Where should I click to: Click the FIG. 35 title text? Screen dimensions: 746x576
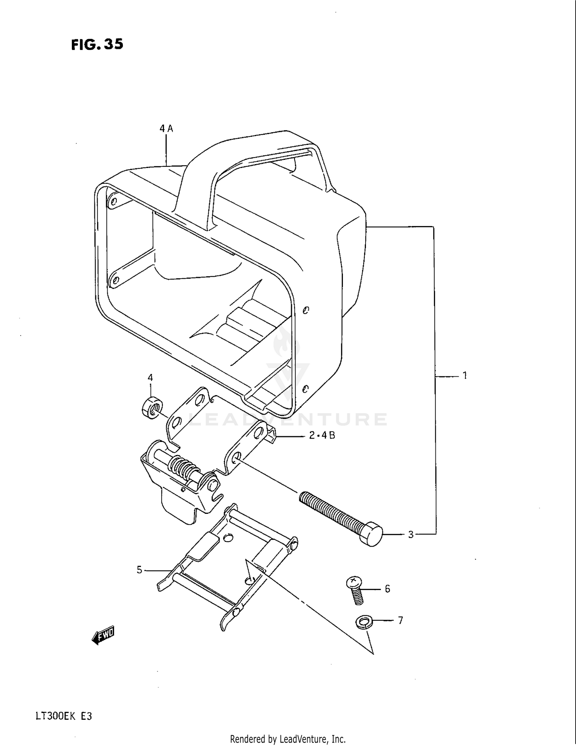[97, 45]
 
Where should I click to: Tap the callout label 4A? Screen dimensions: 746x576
[166, 129]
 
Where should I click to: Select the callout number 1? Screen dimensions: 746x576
[465, 375]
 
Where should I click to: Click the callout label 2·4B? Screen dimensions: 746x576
[322, 435]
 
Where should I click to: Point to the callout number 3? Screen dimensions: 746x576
[410, 535]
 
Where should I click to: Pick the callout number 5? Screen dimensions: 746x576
[139, 570]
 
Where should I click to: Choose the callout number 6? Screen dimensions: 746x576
[387, 589]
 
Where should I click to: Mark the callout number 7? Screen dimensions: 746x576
[400, 620]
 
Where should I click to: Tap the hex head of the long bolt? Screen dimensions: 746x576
[372, 534]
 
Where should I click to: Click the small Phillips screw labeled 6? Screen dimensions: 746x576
[355, 590]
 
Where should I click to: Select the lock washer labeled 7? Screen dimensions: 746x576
[361, 622]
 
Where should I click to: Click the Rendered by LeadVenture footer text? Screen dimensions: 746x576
[288, 739]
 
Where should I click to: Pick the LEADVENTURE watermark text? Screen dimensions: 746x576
[288, 419]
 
